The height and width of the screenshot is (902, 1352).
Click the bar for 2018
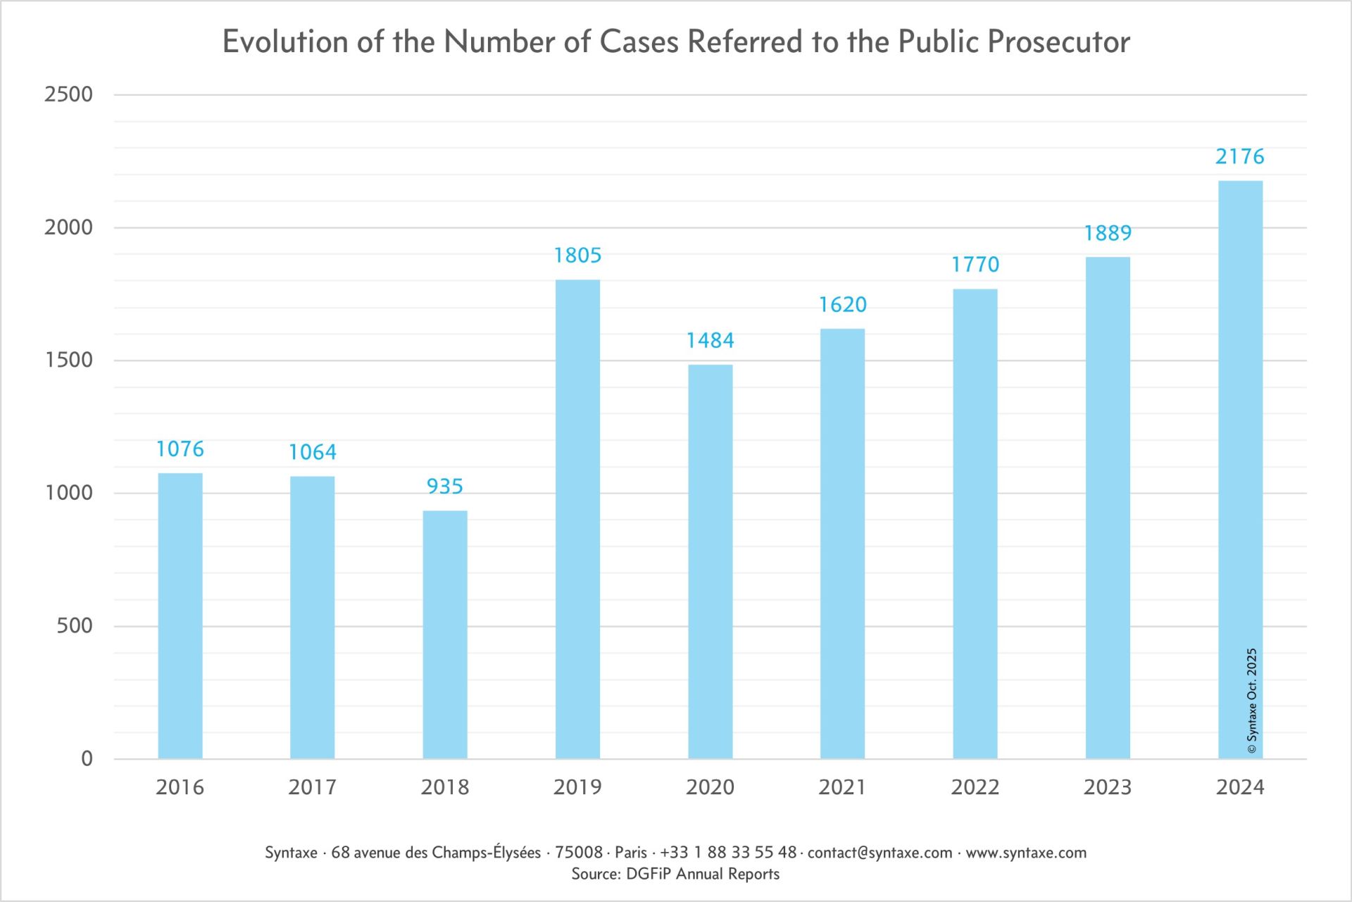click(445, 634)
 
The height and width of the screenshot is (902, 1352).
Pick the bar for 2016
click(180, 615)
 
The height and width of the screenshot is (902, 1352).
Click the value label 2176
click(1240, 156)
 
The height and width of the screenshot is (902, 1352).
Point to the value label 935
click(445, 487)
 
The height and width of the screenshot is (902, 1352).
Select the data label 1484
click(710, 341)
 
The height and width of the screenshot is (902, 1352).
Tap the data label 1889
click(1108, 233)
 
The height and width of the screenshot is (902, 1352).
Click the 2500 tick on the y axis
click(68, 94)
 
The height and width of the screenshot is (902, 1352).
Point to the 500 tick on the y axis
click(74, 625)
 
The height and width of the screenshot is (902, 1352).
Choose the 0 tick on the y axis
click(87, 758)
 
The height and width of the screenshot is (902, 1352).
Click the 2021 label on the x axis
click(842, 787)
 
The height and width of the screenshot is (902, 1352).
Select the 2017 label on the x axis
click(313, 787)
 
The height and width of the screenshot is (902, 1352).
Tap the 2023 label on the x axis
click(1108, 787)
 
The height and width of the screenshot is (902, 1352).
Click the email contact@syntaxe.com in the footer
click(880, 853)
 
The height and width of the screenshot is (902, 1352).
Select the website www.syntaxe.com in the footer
click(1026, 853)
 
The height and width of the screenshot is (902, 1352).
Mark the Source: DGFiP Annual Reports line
click(675, 875)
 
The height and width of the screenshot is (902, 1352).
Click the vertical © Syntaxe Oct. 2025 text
click(1252, 701)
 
